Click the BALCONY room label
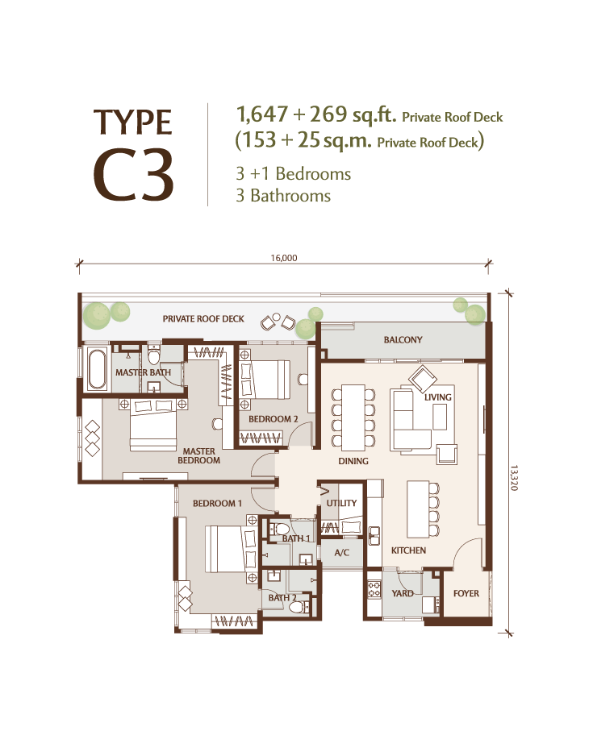(x=403, y=340)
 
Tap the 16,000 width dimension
(x=284, y=258)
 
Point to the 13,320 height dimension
(x=513, y=478)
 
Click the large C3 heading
(x=133, y=174)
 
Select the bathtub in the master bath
(x=97, y=369)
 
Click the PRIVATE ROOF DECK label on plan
(x=203, y=318)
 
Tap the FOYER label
(x=466, y=593)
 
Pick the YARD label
(x=403, y=593)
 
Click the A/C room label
(x=341, y=553)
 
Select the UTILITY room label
(x=341, y=503)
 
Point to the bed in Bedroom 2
(x=265, y=380)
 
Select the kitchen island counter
(x=417, y=509)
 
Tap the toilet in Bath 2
(x=299, y=606)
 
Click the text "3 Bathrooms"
(x=283, y=196)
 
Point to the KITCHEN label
(x=408, y=550)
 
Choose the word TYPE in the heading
(x=133, y=122)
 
